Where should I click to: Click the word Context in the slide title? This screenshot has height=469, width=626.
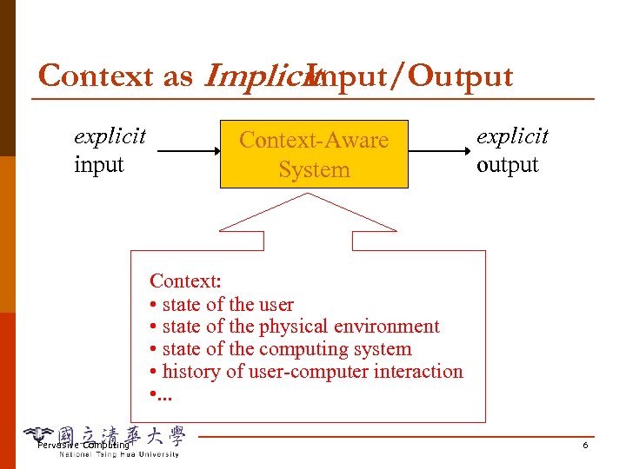pos(97,76)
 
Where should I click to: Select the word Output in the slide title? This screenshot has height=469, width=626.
pos(461,76)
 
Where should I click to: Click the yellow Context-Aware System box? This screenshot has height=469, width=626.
pos(314,154)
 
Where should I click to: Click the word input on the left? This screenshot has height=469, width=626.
pos(99,165)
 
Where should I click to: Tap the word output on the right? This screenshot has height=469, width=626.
pos(508,165)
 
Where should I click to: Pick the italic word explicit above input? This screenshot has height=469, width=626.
pos(110,137)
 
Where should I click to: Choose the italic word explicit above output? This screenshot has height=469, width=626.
pos(512,137)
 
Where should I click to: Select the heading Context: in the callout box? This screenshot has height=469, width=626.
pos(186,281)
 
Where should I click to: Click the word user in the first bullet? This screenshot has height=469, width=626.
pos(276,304)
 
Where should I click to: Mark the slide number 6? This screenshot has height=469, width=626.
pos(585,446)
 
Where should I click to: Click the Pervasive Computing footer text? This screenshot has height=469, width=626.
pos(83,446)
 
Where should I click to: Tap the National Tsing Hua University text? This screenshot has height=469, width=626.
pos(119,454)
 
